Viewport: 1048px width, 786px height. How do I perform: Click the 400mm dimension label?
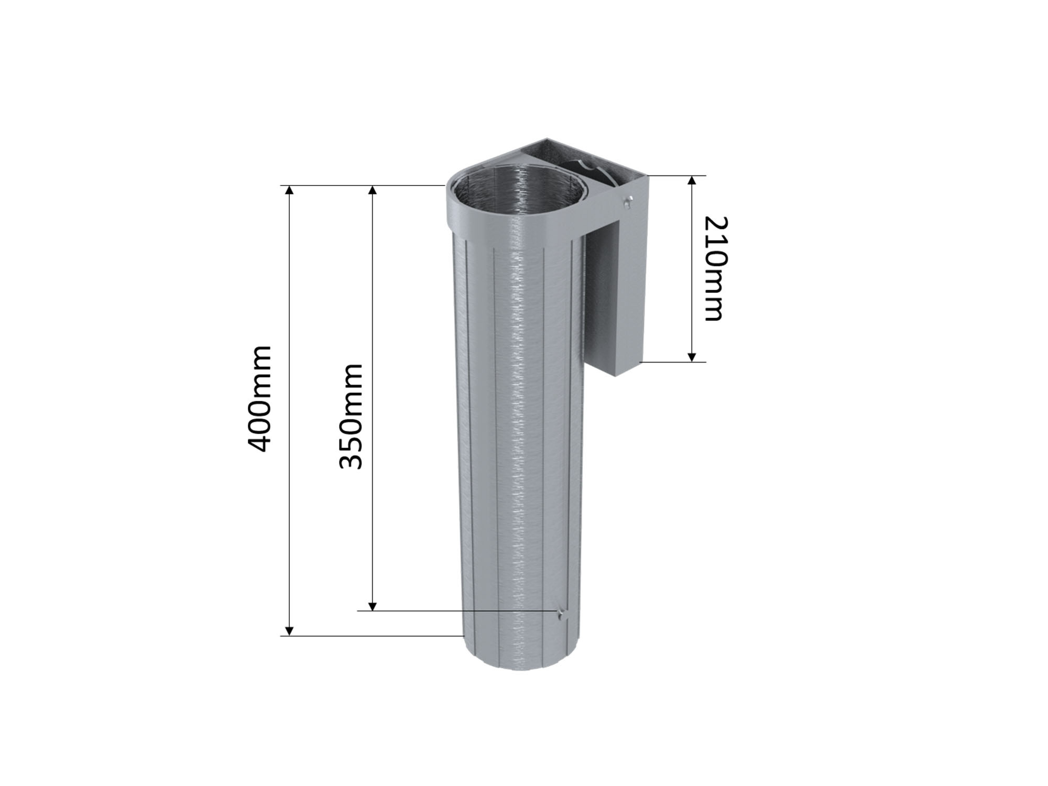click(259, 398)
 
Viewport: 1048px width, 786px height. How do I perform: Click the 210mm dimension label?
click(714, 268)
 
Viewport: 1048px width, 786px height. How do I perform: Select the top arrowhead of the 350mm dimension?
click(373, 190)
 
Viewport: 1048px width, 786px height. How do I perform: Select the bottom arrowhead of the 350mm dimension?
click(373, 606)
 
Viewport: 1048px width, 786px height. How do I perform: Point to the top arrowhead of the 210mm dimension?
click(692, 181)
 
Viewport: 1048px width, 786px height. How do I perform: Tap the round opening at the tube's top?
click(516, 194)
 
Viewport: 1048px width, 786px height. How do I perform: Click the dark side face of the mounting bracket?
click(600, 299)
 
